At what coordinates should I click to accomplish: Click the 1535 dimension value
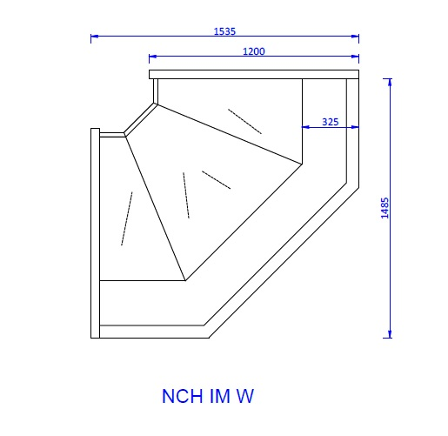pyautogui.click(x=225, y=30)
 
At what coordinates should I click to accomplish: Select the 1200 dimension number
pyautogui.click(x=253, y=51)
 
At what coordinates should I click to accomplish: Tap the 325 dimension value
pyautogui.click(x=330, y=122)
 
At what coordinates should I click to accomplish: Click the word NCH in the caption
pyautogui.click(x=181, y=397)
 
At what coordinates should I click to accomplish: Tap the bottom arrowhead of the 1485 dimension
pyautogui.click(x=390, y=333)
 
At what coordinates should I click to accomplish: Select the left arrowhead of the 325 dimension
pyautogui.click(x=305, y=127)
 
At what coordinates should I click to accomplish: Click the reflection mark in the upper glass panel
pyautogui.click(x=244, y=121)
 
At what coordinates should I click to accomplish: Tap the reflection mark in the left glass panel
pyautogui.click(x=126, y=218)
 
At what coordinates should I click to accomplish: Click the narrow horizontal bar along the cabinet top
pyautogui.click(x=254, y=73)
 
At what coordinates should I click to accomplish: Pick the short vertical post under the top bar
pyautogui.click(x=156, y=90)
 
